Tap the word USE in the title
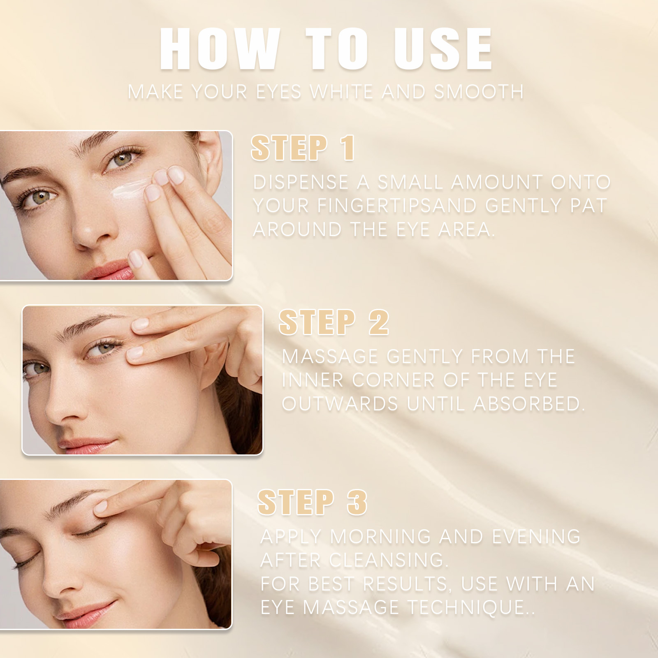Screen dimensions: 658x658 point(443,51)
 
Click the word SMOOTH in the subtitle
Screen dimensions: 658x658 point(479,92)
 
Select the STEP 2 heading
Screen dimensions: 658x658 point(334,322)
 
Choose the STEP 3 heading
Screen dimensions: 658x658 point(313,503)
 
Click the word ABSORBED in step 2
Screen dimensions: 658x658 point(529,404)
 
